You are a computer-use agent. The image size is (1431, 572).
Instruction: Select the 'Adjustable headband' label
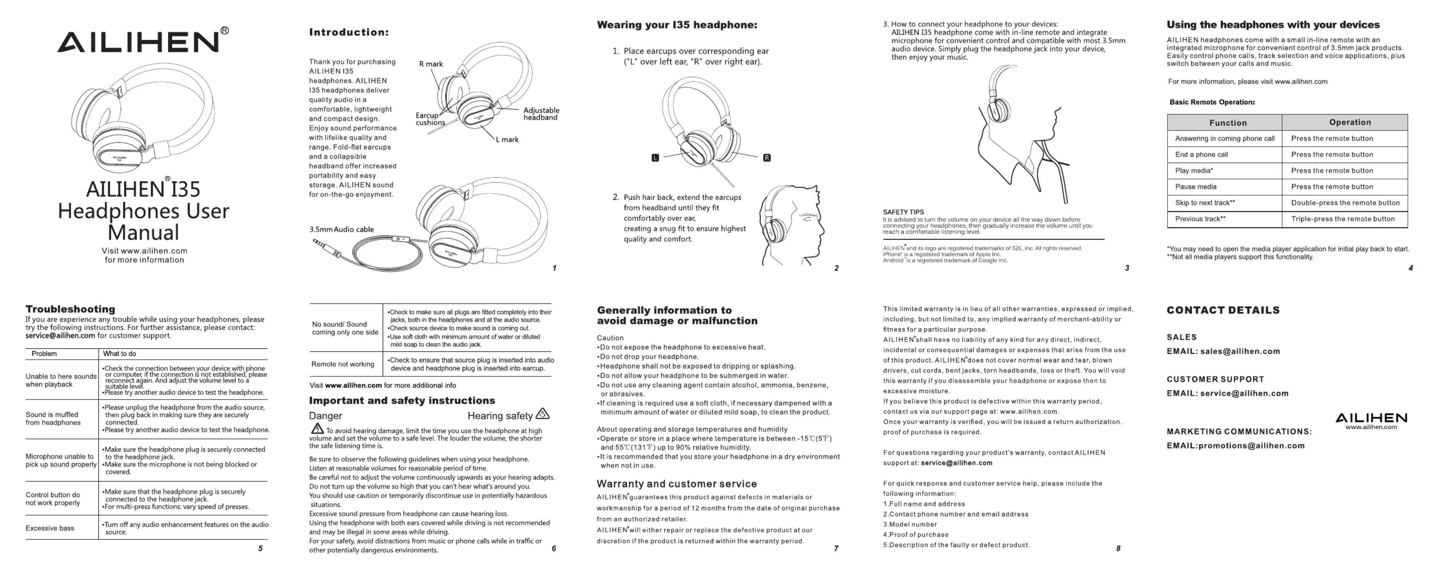tap(541, 114)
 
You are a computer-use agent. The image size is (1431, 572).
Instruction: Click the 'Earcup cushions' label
tap(430, 119)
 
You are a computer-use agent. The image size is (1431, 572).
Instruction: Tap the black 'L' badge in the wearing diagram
tap(655, 158)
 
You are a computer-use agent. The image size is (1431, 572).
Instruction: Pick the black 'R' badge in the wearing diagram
tap(767, 158)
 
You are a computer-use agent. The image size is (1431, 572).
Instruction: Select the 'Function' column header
tap(1228, 123)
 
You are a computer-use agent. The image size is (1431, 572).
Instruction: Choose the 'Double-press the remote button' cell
tap(1345, 203)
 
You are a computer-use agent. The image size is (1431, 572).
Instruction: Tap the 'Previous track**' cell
tap(1200, 219)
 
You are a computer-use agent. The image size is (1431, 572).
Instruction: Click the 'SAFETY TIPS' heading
tap(903, 212)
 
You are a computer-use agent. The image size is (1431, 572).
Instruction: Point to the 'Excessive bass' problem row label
tap(50, 528)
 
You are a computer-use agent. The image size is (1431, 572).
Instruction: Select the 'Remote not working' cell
tap(342, 364)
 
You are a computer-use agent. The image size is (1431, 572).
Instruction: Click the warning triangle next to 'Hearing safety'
tap(542, 414)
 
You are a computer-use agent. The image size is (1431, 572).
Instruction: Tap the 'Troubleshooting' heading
tap(70, 309)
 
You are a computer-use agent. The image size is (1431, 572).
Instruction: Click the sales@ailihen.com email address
tap(1240, 351)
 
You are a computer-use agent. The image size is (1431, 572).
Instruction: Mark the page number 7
tap(836, 549)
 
